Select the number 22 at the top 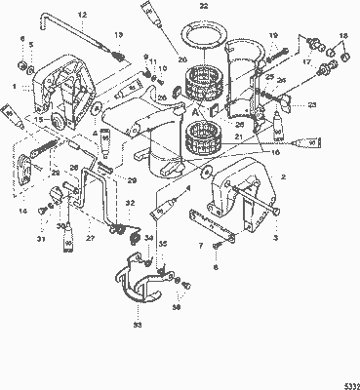coord(203,6)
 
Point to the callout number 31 coord(42,241)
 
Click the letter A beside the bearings coord(197,110)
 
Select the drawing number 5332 coord(348,384)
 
